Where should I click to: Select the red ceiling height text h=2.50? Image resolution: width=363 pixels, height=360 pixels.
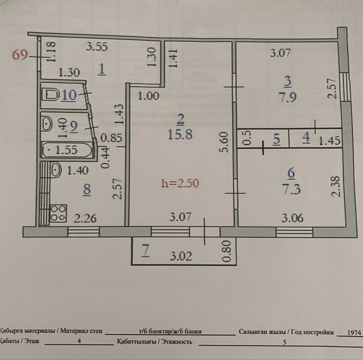180,182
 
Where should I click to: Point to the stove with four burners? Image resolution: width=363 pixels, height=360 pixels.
58,213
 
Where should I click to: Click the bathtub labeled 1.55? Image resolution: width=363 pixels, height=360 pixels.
67,151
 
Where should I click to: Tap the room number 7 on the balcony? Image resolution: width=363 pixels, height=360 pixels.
146,251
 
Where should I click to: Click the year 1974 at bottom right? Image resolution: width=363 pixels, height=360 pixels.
353,332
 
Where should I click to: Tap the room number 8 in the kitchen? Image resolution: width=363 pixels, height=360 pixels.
87,190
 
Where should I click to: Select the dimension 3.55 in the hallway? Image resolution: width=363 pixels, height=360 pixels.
96,47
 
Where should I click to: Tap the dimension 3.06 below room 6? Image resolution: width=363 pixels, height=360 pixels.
292,218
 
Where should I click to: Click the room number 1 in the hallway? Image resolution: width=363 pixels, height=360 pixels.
102,70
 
